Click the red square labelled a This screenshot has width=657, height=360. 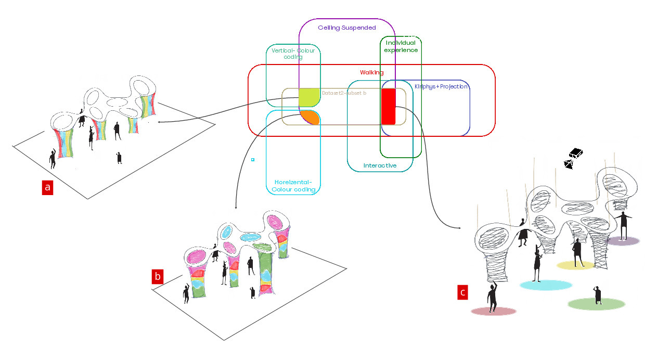point(48,188)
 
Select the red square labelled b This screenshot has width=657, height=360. point(158,276)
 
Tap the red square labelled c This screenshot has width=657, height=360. point(462,292)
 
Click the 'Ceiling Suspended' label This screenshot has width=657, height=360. point(346,27)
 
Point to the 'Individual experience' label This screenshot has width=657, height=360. point(401,46)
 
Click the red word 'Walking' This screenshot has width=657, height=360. point(371,72)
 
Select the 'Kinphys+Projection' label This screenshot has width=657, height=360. point(441,86)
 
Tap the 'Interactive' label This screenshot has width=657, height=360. point(380,165)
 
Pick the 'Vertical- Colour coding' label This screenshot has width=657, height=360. point(293,54)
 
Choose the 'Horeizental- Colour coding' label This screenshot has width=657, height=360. point(293,186)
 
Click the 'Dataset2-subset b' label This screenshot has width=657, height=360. point(344,93)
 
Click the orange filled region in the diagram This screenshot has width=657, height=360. point(311,117)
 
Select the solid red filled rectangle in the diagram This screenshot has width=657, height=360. point(388,107)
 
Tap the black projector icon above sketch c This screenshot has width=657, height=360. point(573,159)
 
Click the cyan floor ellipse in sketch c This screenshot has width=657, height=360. point(546,285)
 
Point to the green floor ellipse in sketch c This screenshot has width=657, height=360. point(596,304)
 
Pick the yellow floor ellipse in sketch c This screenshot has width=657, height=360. point(575,265)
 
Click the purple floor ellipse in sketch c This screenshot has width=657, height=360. point(623,241)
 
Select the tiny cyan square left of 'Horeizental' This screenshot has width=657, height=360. point(252,159)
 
